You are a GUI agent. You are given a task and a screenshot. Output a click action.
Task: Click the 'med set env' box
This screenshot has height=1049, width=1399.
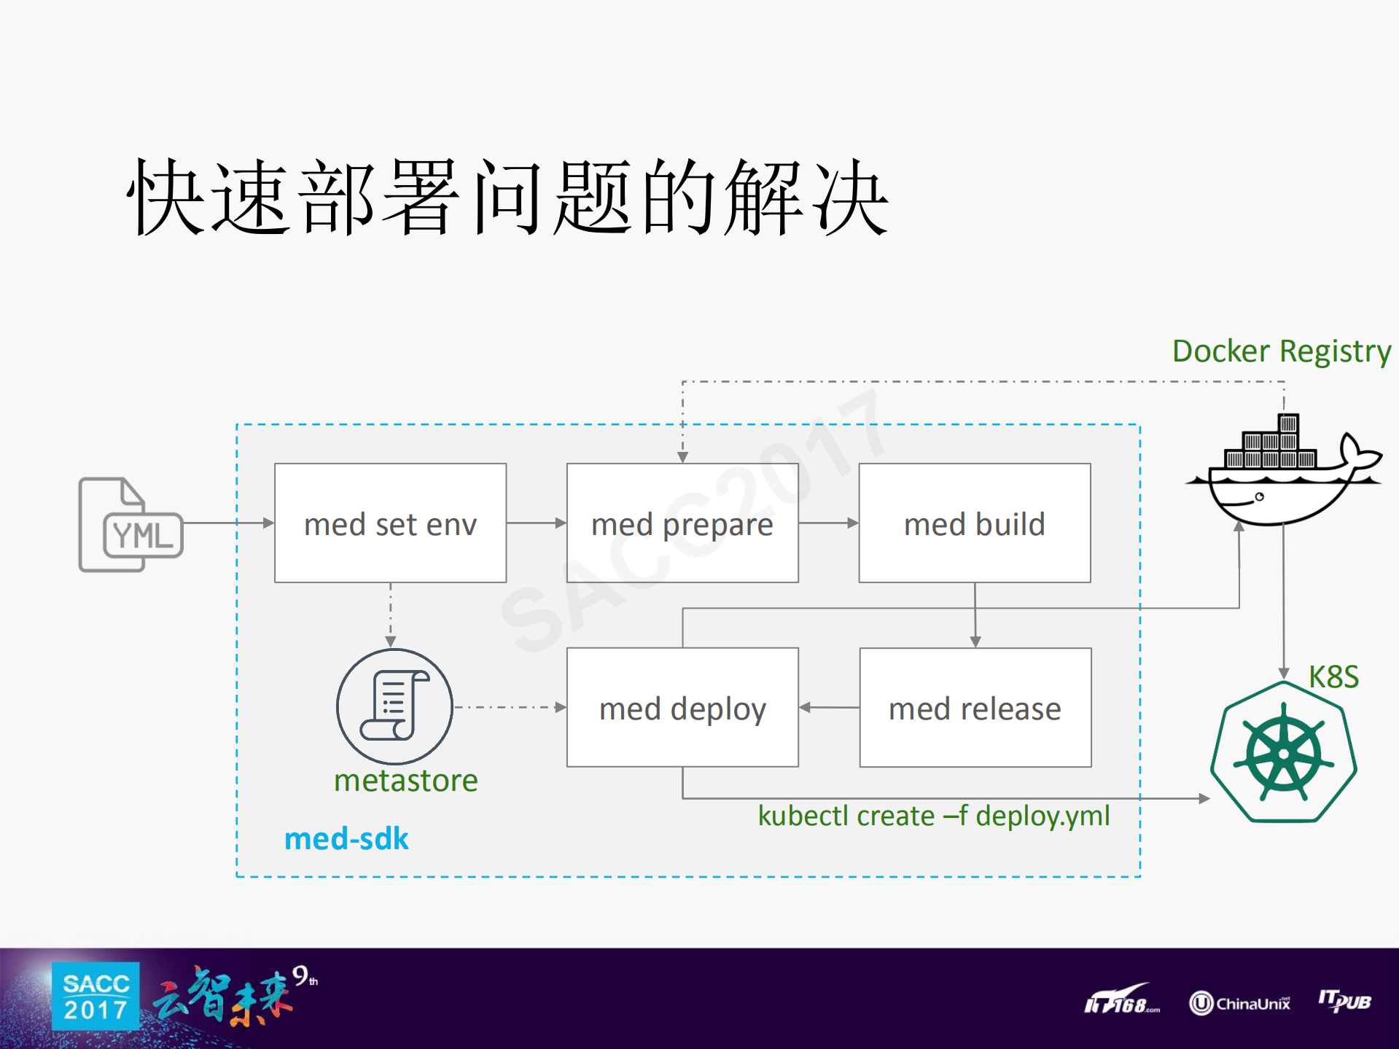point(390,523)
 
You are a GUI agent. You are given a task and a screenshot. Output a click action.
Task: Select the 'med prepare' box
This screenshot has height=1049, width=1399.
point(682,523)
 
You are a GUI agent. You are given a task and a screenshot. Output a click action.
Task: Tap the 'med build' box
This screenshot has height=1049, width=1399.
point(975,523)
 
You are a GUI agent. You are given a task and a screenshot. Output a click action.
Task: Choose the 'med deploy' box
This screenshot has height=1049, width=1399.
point(682,708)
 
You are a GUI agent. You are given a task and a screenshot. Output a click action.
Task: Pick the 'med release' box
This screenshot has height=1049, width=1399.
point(975,708)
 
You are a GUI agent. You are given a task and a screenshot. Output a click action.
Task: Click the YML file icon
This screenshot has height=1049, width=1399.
point(130,525)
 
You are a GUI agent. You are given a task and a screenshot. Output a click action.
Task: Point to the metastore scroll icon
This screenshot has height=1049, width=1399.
point(394,706)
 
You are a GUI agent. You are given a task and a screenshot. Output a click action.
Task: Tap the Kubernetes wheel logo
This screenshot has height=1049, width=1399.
point(1283,752)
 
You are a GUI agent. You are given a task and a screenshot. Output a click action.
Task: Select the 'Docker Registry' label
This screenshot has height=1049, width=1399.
point(1281,351)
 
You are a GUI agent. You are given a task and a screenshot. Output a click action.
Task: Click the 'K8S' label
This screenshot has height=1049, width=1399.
point(1333,677)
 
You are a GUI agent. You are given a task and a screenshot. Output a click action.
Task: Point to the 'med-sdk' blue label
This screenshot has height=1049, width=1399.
point(346,839)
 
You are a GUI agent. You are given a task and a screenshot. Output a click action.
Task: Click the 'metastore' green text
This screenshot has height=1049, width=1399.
point(405,781)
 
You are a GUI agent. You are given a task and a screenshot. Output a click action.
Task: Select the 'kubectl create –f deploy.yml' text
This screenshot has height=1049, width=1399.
point(933,816)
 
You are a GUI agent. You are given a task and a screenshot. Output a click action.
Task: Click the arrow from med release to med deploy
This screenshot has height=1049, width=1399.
point(829,707)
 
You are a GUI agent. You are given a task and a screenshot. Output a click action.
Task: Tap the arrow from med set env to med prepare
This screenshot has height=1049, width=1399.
point(537,523)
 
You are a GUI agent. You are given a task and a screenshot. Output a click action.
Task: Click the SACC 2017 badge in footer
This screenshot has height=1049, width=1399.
point(96,997)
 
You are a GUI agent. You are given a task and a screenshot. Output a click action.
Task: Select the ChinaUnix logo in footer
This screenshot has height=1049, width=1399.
point(1239,1003)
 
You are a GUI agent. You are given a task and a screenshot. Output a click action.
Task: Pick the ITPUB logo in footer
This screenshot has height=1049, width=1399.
point(1344,1001)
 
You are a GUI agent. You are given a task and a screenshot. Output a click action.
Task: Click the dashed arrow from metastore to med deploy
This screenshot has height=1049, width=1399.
point(510,707)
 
